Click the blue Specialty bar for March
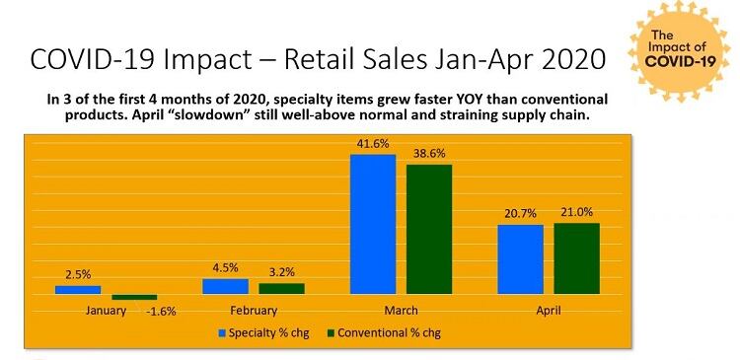tap(373, 224)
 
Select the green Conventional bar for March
tap(429, 229)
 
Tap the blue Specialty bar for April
tap(520, 259)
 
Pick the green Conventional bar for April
tap(576, 258)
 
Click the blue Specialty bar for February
tap(225, 286)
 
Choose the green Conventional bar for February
tap(281, 288)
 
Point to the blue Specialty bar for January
tap(78, 290)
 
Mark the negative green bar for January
tap(134, 297)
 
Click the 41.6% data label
tap(373, 144)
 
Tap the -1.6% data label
tap(161, 312)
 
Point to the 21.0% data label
tap(577, 213)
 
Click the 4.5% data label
tap(225, 268)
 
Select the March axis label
tap(401, 311)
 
